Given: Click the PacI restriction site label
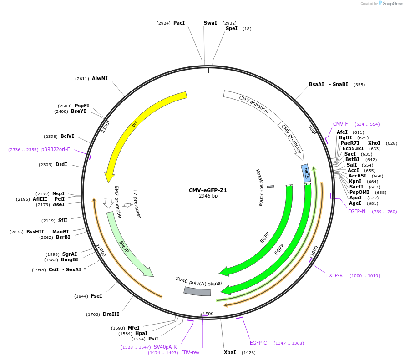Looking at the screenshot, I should [179, 23].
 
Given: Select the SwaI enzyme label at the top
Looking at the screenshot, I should [210, 23].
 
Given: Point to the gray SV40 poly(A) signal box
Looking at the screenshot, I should [197, 291].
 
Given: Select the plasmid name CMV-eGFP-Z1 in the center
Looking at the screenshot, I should [208, 190].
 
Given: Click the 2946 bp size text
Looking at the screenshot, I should [208, 196].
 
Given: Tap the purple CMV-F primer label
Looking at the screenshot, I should [340, 124].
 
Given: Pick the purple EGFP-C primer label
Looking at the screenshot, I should [258, 343].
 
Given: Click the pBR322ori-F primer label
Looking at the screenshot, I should [56, 149].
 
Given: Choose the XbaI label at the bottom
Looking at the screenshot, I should [230, 352].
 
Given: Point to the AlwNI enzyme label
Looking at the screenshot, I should [100, 78].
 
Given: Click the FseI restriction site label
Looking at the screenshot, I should [96, 296].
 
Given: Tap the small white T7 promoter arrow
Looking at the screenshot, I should [127, 205].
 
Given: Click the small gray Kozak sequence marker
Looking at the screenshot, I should [270, 186].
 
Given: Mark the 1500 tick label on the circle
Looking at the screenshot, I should [208, 314].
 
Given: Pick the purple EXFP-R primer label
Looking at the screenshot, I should [334, 275].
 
